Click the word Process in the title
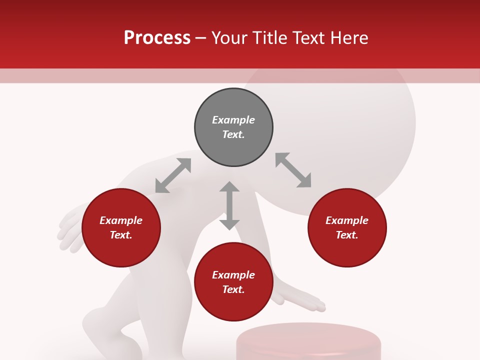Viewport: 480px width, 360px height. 157,38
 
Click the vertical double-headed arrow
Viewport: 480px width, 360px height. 229,205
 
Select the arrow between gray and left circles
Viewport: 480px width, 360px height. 173,175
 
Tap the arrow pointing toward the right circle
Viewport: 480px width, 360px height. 293,170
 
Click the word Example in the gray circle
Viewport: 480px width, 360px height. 233,120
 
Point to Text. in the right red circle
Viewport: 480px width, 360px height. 347,235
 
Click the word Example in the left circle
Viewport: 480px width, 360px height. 121,220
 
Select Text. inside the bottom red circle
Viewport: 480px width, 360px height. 233,289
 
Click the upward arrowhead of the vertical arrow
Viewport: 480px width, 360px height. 229,186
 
